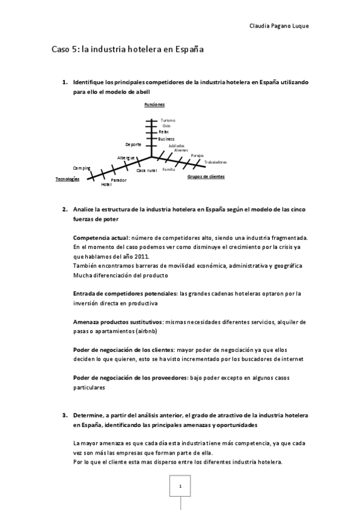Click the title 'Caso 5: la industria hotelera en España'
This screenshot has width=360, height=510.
pos(127,50)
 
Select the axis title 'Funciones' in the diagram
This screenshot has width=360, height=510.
pos(154,105)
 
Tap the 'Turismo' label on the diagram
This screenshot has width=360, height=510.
pos(168,120)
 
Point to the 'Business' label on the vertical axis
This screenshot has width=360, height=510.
pos(166,139)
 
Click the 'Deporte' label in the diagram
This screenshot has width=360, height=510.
pos(133,144)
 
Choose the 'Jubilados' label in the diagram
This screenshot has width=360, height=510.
pos(177,146)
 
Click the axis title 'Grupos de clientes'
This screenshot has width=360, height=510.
pos(206,176)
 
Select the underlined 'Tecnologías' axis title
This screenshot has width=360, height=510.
pos(67,179)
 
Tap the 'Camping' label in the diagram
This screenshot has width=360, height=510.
pos(82,168)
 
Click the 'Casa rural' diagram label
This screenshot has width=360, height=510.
pos(147,171)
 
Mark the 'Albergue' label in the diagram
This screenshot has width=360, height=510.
pos(126,158)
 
